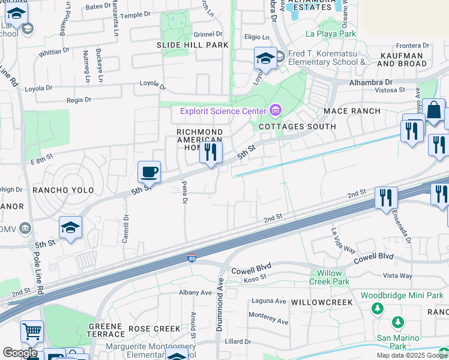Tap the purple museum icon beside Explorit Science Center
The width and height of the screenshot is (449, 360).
click(x=276, y=110)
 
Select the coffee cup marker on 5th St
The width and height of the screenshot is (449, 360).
click(x=149, y=173)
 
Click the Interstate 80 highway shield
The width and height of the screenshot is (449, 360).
click(x=191, y=256)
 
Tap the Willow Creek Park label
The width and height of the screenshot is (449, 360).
click(x=330, y=277)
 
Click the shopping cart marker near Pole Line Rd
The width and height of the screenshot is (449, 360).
click(x=32, y=331)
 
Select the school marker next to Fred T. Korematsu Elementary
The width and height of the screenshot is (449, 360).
click(x=265, y=59)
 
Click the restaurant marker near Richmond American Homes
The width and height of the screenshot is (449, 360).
click(x=211, y=152)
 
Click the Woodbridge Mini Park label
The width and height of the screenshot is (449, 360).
click(x=402, y=295)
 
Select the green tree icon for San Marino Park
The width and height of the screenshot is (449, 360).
click(x=398, y=323)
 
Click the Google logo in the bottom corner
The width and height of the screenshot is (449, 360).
click(x=20, y=353)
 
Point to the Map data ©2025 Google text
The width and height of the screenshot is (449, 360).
click(x=412, y=355)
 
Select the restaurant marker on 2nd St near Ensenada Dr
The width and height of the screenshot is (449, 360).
click(x=386, y=198)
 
